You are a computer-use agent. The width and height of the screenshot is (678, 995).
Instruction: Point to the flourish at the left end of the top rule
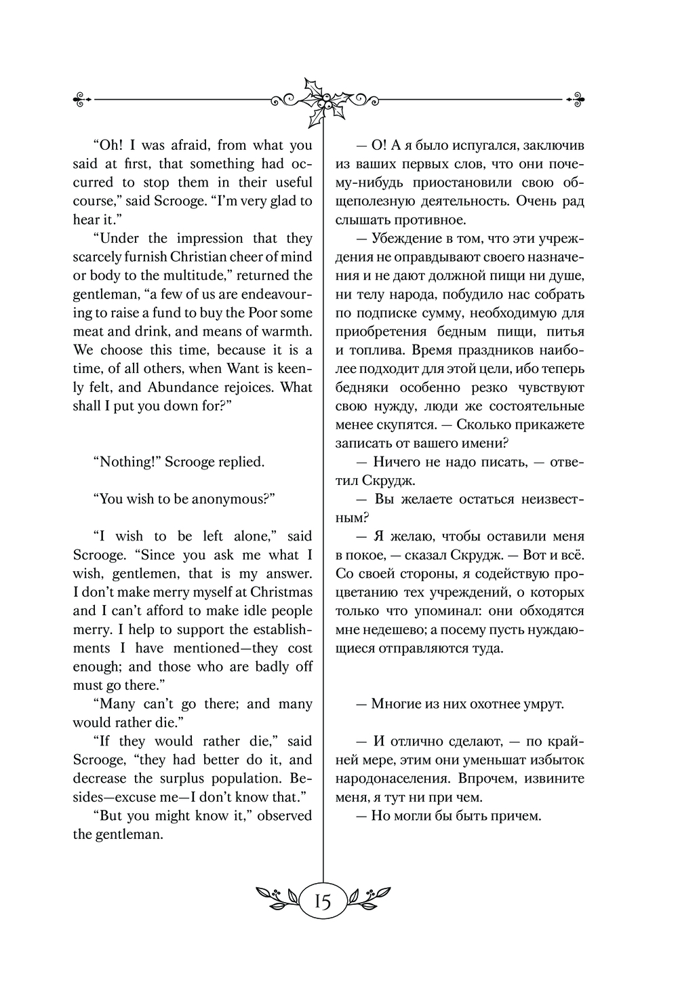[82, 99]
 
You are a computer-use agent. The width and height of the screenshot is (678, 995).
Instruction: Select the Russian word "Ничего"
[394, 462]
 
